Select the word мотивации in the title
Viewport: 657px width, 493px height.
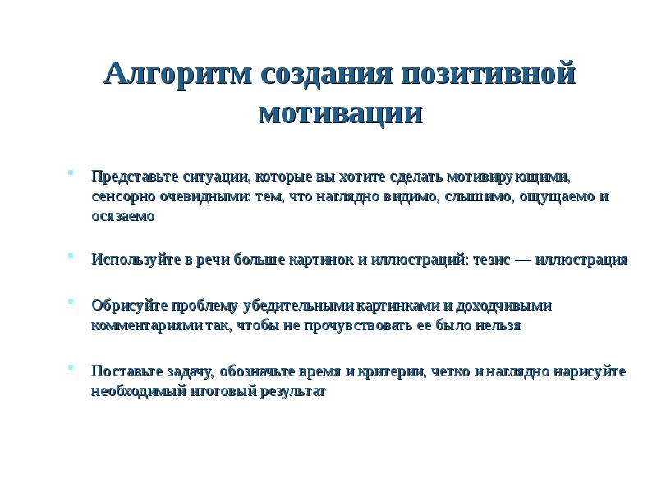coord(340,113)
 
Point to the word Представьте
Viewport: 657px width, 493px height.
coord(131,177)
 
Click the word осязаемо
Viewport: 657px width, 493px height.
coord(122,217)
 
